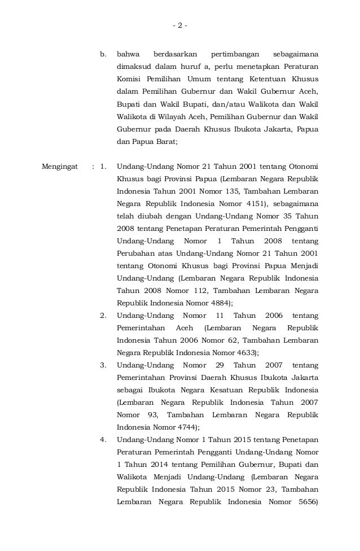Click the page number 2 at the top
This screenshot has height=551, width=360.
point(180,25)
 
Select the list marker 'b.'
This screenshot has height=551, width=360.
point(103,55)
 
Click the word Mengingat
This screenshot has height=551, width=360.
point(60,167)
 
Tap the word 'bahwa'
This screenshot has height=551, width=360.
point(128,55)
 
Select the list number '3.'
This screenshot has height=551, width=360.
point(103,365)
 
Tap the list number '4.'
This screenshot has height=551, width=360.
point(103,440)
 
